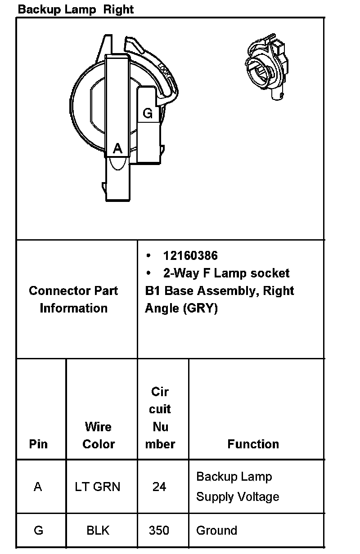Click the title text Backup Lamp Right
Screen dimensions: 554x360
(x=76, y=9)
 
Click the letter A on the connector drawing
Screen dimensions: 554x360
(x=117, y=148)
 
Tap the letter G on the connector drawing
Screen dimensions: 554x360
(x=148, y=113)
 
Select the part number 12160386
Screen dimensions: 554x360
(x=190, y=256)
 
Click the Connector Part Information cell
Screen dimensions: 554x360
(x=73, y=299)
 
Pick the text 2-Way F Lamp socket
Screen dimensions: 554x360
(x=226, y=273)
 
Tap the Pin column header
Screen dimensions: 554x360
(x=38, y=444)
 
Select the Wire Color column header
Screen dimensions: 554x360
(x=98, y=435)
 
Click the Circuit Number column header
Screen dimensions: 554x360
(x=160, y=418)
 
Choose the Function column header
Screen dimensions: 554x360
(x=253, y=444)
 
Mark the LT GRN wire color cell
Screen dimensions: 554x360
(x=98, y=487)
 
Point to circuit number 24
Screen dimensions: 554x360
(x=159, y=487)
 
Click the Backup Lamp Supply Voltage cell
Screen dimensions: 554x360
(x=238, y=487)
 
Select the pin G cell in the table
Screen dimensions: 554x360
(x=38, y=531)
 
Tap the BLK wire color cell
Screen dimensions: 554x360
(x=98, y=531)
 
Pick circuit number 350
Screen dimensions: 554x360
(x=159, y=531)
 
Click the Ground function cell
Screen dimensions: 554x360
(x=216, y=531)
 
